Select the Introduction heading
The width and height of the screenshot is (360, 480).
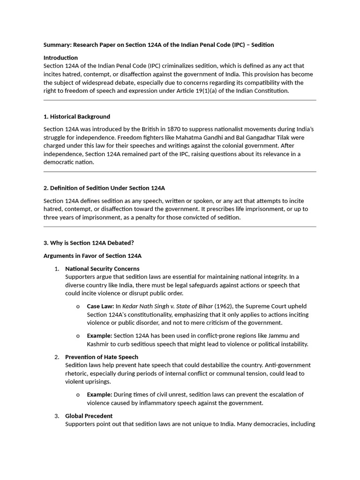point(60,58)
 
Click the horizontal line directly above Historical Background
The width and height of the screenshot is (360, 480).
point(180,100)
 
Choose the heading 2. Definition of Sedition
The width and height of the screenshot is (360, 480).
point(104,188)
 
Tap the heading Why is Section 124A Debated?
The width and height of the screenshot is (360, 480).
point(89,243)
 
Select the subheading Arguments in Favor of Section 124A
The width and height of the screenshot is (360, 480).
point(92,256)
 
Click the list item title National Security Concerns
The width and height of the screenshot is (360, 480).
point(102,269)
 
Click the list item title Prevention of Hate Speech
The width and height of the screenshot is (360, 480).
point(102,357)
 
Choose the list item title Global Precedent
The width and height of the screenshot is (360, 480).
point(89,416)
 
